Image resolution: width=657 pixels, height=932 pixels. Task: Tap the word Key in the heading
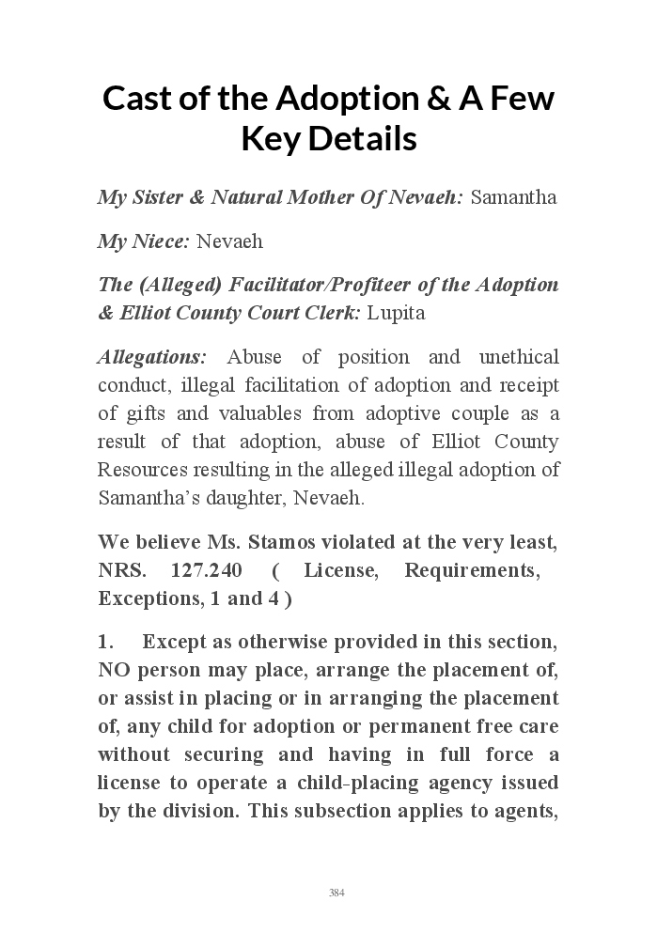click(270, 139)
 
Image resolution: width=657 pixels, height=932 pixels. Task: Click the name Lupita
click(396, 313)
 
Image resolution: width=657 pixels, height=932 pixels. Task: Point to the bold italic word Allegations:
click(152, 357)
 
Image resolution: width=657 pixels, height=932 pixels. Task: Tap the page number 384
click(336, 893)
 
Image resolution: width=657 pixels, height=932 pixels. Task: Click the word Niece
click(159, 241)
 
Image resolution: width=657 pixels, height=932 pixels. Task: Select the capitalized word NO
click(113, 670)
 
